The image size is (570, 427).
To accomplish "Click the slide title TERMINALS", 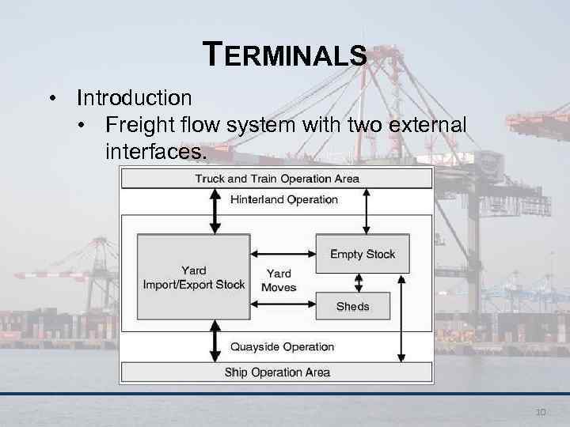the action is pos(285,55).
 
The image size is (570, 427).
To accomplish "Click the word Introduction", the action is pos(134,98).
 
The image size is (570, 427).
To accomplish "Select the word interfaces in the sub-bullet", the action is pos(154,150).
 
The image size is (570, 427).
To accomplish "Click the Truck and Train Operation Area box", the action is pos(276,179).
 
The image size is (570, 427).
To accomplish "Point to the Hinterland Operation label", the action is pos(283,199).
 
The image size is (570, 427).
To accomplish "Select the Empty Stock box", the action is pos(363,254).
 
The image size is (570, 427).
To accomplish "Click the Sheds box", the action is pos(352,306).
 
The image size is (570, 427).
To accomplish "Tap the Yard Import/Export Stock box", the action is pos(193,278).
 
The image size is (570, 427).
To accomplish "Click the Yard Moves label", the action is pos(279,281).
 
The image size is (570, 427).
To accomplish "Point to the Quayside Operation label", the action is pos(282,346).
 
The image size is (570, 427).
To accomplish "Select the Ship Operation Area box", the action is pos(276,372).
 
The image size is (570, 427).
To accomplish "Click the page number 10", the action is pos(541,412).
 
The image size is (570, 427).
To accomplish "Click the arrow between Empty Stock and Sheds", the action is pos(359,282).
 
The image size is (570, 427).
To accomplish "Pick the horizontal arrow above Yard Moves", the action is pos(282,254).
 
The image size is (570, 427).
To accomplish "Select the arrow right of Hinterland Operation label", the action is pos(365,210).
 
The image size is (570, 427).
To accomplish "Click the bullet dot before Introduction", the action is pos(53,99).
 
